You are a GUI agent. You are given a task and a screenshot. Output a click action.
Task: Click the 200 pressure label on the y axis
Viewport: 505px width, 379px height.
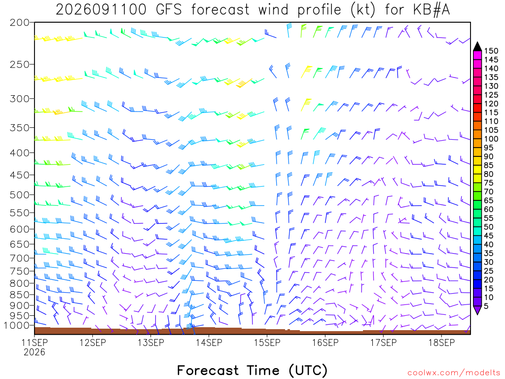19,23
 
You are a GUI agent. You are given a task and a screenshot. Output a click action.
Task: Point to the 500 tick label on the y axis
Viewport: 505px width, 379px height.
19,194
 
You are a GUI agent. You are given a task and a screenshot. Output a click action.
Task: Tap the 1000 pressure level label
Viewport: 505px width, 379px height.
16,325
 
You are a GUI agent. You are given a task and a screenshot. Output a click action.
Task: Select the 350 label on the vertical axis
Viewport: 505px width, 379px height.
19,128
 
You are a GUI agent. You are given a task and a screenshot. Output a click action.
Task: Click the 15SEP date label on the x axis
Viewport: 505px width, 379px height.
267,342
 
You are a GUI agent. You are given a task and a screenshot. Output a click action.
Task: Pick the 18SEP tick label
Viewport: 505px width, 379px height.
441,342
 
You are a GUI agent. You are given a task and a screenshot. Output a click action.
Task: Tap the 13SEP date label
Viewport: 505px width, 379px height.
151,342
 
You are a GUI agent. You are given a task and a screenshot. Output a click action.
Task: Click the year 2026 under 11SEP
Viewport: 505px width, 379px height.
35,352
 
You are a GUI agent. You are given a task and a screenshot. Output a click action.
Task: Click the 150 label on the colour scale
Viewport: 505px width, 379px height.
491,51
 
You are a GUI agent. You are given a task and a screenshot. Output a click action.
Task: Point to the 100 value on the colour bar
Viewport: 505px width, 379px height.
491,139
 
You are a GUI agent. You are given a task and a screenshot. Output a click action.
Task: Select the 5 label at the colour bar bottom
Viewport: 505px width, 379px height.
486,306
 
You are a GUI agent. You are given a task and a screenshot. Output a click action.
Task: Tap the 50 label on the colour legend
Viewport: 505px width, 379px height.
489,227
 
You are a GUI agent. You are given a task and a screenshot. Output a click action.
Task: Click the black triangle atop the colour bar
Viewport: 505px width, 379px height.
477,47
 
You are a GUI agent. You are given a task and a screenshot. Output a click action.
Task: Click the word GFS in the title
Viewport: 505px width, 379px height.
169,10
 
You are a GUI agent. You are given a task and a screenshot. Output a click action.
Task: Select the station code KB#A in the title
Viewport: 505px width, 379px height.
432,10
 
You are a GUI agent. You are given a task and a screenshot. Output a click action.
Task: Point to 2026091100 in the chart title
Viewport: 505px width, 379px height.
101,10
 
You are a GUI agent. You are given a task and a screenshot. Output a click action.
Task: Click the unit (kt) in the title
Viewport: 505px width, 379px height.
362,10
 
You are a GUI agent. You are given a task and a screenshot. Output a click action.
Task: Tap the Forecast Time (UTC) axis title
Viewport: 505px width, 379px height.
252,370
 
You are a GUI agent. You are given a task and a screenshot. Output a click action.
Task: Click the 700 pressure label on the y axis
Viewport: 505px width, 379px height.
19,258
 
